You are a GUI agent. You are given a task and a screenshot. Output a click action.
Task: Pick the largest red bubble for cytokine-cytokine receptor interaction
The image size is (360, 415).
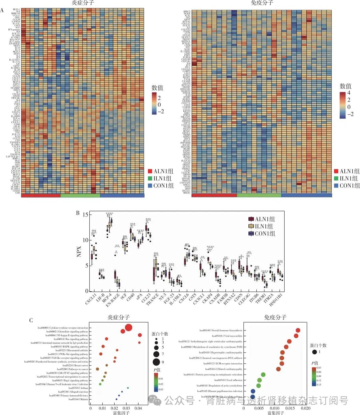point(129,328)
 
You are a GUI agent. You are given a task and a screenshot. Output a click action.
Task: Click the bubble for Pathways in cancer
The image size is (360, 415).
point(97,369)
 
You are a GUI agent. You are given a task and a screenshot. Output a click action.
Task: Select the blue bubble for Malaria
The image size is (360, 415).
point(116,399)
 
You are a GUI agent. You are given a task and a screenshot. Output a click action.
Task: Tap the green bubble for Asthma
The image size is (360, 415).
point(128,388)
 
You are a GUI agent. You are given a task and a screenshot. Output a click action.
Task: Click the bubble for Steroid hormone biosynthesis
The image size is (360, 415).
point(298,330)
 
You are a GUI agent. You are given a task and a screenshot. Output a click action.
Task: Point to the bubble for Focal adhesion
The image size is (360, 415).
point(260,380)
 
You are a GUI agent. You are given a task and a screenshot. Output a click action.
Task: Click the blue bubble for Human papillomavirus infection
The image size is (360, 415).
point(253,391)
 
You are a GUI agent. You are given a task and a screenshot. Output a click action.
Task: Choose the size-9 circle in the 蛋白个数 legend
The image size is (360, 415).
point(156,362)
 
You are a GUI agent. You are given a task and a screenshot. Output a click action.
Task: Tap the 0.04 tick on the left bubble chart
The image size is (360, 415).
point(138,408)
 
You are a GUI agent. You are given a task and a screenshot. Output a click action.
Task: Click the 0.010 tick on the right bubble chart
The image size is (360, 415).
point(274,408)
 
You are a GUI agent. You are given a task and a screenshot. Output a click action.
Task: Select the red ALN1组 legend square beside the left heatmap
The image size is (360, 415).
point(150,171)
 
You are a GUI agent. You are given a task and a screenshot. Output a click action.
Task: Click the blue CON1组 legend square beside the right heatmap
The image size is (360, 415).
point(336,185)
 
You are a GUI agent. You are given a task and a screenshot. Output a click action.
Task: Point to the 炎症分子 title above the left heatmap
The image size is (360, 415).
point(83,3)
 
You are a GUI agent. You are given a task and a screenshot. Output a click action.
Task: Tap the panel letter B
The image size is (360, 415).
point(78,213)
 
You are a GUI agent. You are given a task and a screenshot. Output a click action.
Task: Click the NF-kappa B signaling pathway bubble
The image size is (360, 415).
point(140,335)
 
